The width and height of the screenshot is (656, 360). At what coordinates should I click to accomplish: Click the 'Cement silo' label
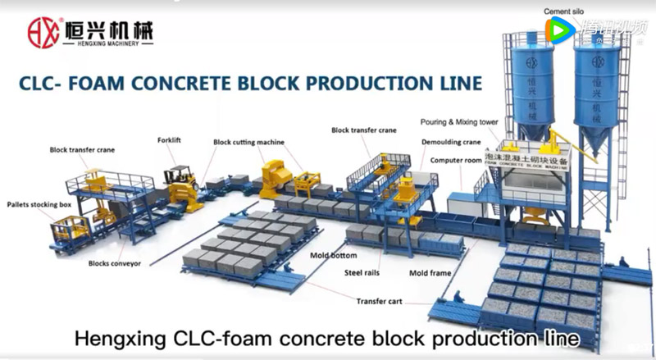click(564, 12)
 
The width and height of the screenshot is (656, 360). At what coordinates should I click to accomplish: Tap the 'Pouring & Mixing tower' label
click(459, 121)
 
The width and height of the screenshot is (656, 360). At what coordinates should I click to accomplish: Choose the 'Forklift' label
click(169, 140)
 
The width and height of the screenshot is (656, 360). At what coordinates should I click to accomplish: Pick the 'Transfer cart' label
click(379, 301)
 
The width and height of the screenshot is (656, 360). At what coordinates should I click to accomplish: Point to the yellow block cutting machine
click(272, 175)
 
